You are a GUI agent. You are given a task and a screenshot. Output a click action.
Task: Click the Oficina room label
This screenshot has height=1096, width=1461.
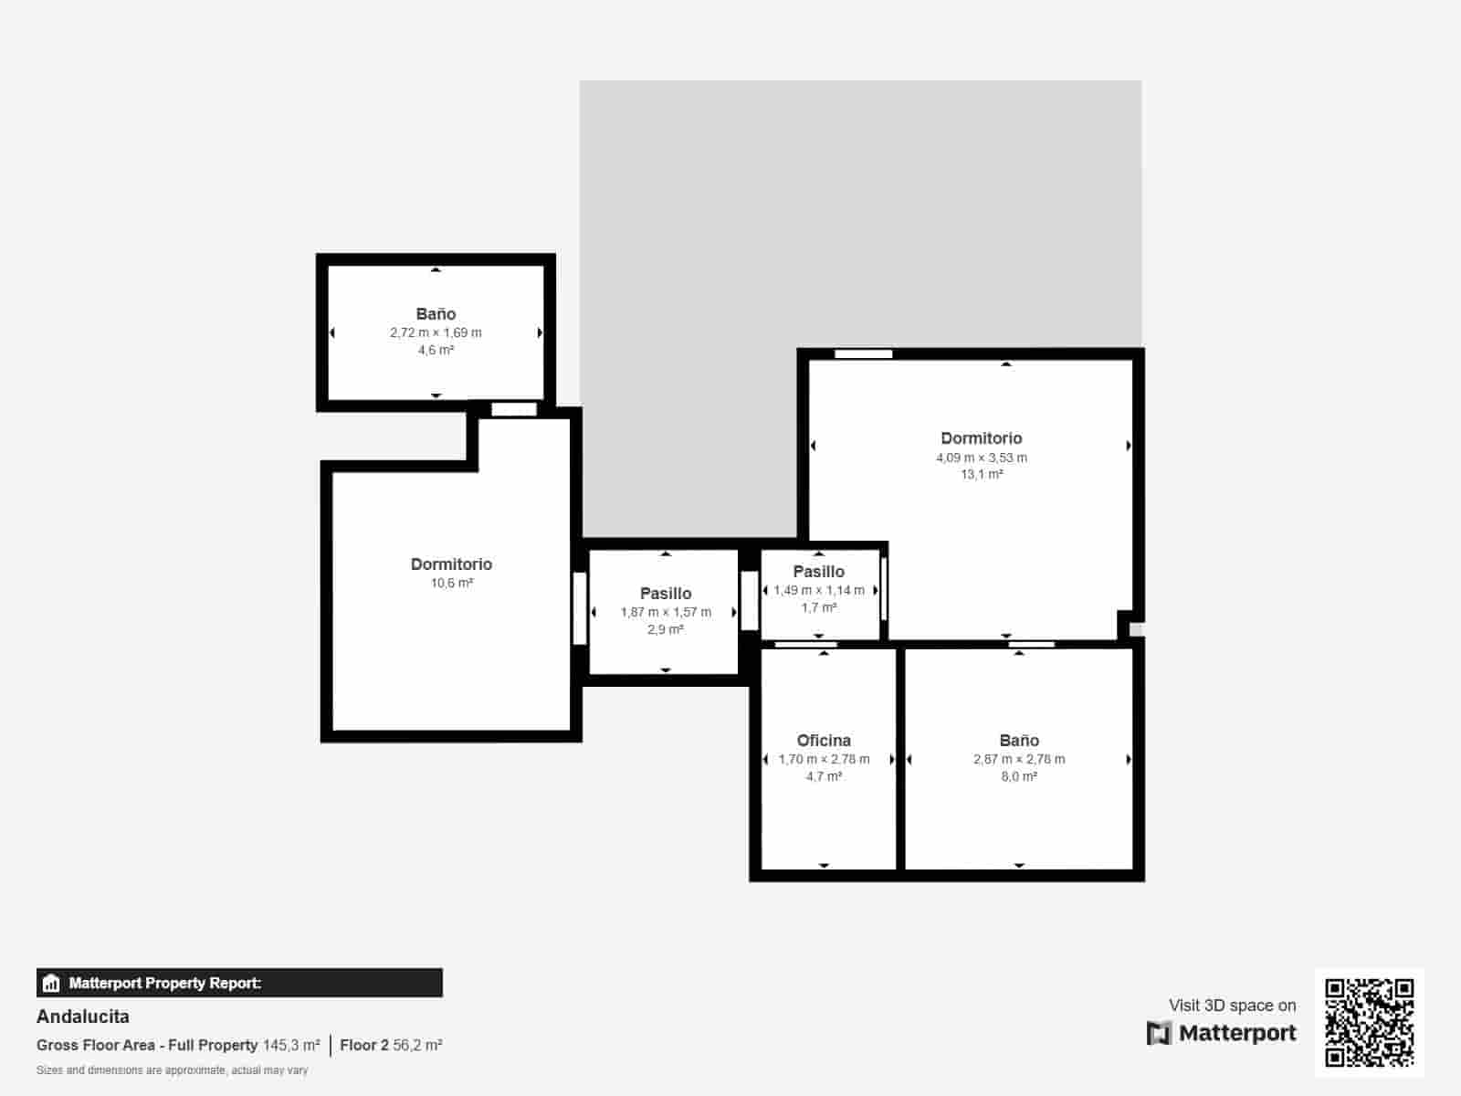tap(824, 741)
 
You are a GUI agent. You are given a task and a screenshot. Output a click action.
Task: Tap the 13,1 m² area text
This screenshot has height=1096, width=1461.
tap(982, 475)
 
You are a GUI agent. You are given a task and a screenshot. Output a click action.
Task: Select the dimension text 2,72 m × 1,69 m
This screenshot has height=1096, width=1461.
tap(436, 332)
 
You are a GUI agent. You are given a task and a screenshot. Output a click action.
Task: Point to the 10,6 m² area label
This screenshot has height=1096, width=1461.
tap(452, 583)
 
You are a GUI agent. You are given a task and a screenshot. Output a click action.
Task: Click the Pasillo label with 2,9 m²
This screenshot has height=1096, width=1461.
tap(666, 594)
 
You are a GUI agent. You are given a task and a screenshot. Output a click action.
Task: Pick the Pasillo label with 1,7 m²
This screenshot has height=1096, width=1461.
tap(819, 572)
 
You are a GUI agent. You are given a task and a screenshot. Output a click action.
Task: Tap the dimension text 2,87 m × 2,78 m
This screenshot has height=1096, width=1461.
tap(1019, 759)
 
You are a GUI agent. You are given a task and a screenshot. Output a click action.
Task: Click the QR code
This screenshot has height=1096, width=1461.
tap(1369, 1022)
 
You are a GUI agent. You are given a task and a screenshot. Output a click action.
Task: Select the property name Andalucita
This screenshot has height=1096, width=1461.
tap(83, 1017)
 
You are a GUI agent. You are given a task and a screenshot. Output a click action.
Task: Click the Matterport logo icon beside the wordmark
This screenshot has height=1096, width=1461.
tap(1159, 1033)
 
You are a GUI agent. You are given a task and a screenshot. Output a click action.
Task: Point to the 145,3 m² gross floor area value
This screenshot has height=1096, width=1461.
tap(291, 1045)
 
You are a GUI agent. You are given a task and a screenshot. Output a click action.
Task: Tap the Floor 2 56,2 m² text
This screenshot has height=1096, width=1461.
tap(391, 1045)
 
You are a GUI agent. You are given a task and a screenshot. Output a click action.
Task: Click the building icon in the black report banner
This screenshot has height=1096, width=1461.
tap(51, 984)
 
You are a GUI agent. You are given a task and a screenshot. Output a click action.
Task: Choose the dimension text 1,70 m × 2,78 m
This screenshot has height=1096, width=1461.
tap(824, 759)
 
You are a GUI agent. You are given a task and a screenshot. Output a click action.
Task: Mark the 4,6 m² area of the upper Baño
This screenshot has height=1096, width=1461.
tap(436, 350)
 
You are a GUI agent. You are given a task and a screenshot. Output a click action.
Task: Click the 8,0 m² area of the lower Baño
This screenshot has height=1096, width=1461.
tap(1019, 776)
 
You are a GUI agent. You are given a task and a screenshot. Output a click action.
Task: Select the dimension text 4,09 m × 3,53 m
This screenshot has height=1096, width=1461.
tap(982, 458)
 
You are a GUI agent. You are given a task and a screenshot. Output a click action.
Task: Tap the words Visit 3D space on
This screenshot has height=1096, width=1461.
tap(1232, 1006)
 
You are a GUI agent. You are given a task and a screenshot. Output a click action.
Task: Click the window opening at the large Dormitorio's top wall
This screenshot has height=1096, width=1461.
tap(863, 353)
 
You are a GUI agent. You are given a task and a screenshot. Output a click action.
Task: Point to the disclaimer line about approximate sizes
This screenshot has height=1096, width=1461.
tap(173, 1070)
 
